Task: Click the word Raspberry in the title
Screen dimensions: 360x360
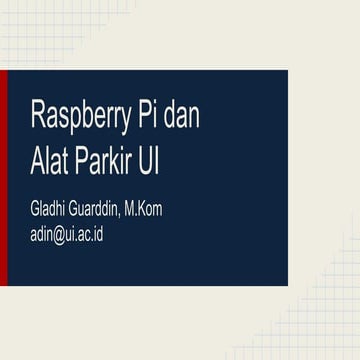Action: [81, 117]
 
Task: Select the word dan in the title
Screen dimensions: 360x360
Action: [182, 117]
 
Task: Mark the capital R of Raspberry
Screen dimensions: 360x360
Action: [38, 116]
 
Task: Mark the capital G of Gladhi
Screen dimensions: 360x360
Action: [35, 210]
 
